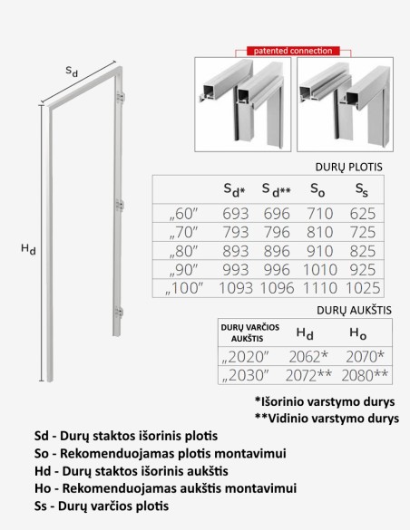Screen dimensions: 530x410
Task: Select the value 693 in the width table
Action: click(x=235, y=215)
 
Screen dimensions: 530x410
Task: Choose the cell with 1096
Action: click(x=277, y=289)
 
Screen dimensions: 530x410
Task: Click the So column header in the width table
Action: click(x=317, y=191)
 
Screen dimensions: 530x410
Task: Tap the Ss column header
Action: click(x=362, y=191)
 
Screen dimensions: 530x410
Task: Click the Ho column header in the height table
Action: click(x=358, y=334)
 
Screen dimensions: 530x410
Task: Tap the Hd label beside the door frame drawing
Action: click(x=29, y=245)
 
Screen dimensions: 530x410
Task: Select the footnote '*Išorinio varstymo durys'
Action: click(x=326, y=401)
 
